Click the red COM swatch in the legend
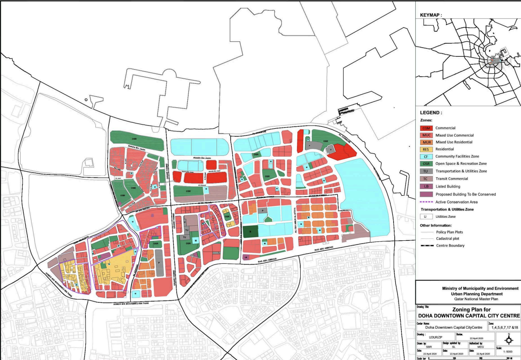(426, 128)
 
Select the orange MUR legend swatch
(426, 142)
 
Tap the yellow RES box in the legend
(426, 149)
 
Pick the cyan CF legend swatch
(426, 157)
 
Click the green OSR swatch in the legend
(426, 164)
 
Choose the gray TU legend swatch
(426, 171)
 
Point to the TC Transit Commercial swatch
(426, 179)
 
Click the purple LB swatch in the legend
(426, 186)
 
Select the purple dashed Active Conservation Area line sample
(426, 202)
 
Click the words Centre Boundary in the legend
(450, 246)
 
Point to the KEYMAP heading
(431, 15)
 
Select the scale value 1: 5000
(509, 351)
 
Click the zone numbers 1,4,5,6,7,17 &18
(504, 328)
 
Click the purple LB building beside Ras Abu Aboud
(246, 257)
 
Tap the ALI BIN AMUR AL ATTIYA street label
(294, 218)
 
